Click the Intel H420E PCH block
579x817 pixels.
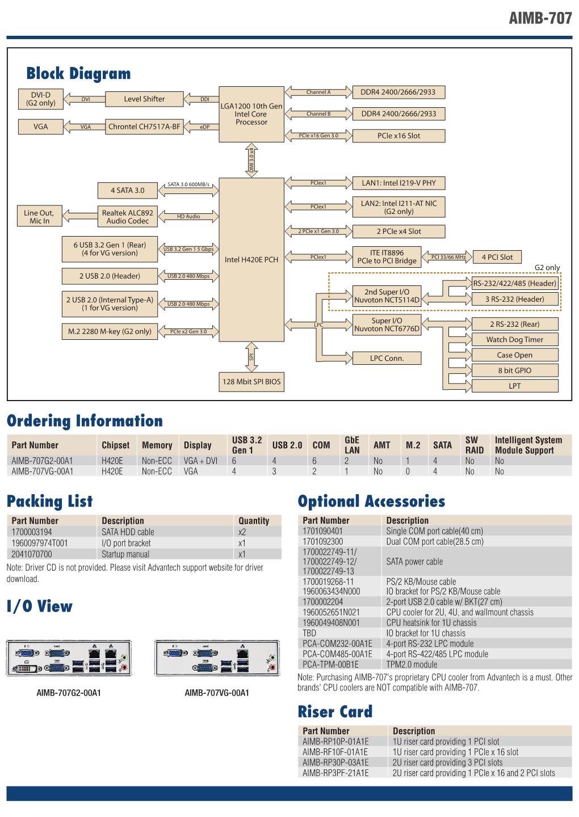(251, 259)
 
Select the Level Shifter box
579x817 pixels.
(144, 99)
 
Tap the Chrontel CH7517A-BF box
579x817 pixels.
(144, 127)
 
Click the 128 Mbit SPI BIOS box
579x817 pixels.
(251, 381)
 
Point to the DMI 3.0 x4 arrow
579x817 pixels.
(251, 160)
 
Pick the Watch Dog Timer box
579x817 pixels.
(514, 339)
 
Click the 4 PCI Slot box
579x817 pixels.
(497, 257)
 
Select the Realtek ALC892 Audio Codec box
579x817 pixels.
(128, 217)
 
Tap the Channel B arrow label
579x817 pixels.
(318, 114)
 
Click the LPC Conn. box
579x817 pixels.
(387, 358)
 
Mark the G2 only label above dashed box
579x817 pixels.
(547, 267)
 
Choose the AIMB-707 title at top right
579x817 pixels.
(540, 18)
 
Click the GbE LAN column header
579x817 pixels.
(352, 445)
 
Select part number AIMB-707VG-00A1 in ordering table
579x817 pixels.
(43, 471)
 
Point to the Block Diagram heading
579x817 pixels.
(78, 73)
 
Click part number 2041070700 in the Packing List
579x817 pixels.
(32, 554)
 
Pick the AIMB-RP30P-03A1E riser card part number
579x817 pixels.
(335, 763)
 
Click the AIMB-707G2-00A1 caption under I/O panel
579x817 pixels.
(69, 693)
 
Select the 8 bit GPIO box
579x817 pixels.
(514, 370)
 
